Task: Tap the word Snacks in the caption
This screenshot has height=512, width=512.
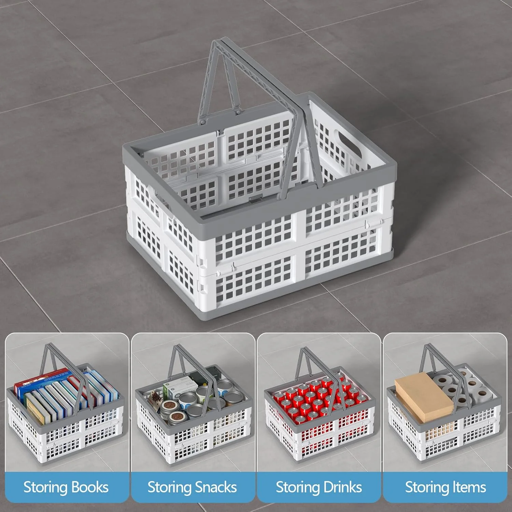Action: click(x=214, y=487)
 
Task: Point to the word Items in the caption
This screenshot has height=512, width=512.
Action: click(x=469, y=487)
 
